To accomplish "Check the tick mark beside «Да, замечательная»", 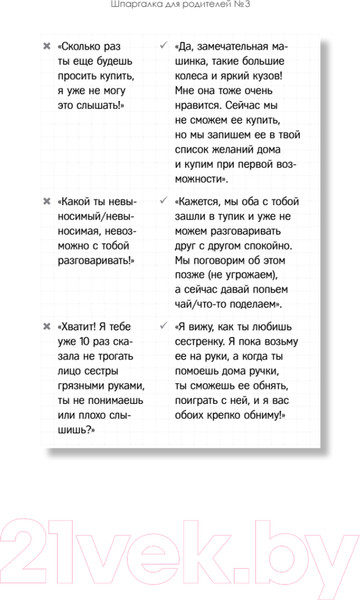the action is (163, 46).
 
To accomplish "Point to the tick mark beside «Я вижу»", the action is (163, 326).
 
